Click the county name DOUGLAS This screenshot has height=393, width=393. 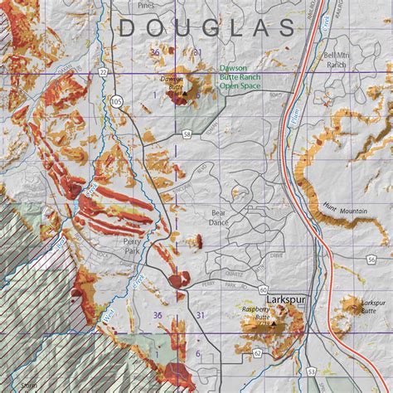click(x=206, y=27)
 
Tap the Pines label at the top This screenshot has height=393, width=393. click(x=147, y=4)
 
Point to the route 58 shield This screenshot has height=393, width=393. click(x=187, y=133)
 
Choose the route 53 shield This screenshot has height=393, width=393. click(x=310, y=371)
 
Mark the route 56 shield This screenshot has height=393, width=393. click(x=371, y=260)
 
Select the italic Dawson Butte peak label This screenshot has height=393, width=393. click(x=171, y=83)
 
